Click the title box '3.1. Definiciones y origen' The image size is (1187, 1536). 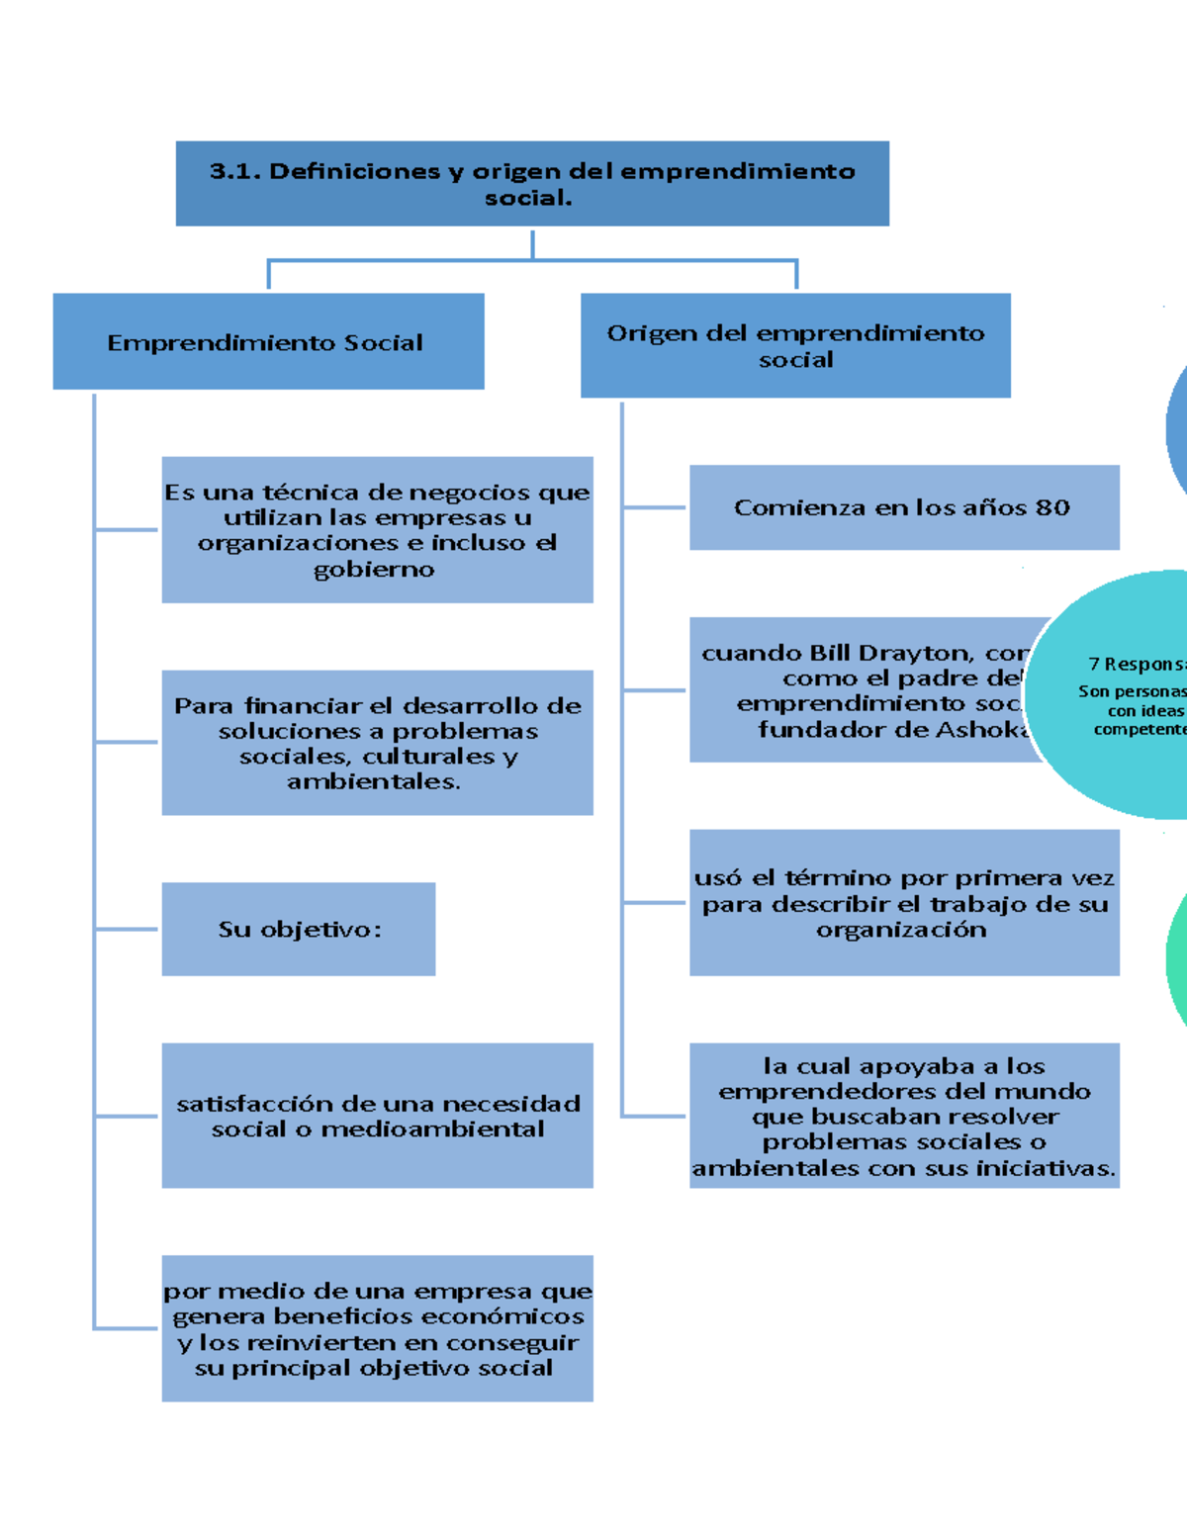[532, 183]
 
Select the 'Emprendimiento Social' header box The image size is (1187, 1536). [268, 341]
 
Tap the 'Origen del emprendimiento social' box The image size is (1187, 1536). [795, 345]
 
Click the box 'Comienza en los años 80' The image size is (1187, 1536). [904, 507]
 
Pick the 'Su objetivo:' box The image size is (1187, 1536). [299, 929]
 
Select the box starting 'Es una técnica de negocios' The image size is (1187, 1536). [377, 529]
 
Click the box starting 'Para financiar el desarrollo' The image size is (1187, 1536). [377, 743]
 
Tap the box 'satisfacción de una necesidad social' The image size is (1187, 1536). [377, 1115]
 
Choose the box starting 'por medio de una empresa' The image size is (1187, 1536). [377, 1328]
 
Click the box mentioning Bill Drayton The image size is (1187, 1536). [861, 689]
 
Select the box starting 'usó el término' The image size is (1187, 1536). [904, 902]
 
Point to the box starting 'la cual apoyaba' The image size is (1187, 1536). [904, 1115]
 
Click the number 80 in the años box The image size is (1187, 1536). [1052, 508]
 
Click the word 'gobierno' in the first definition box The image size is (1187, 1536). [374, 570]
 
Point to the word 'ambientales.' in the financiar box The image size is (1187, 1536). [374, 782]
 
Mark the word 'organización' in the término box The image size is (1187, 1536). [901, 930]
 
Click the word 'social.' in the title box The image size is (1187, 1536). [528, 198]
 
